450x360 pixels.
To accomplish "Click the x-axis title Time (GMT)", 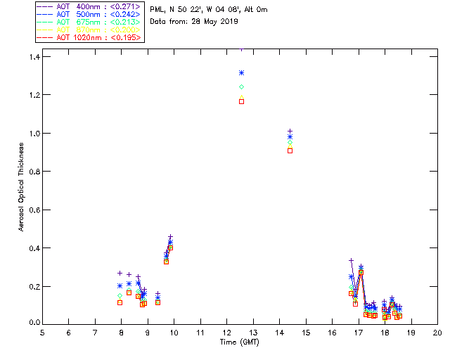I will pos(240,342).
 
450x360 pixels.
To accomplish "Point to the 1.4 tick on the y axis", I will pos(32,56).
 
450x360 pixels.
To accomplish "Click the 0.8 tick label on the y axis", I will pos(32,172).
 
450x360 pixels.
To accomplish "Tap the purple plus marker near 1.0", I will pos(290,131).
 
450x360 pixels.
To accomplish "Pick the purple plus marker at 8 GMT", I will pos(120,273).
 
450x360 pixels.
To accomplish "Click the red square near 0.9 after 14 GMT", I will pos(290,150).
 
